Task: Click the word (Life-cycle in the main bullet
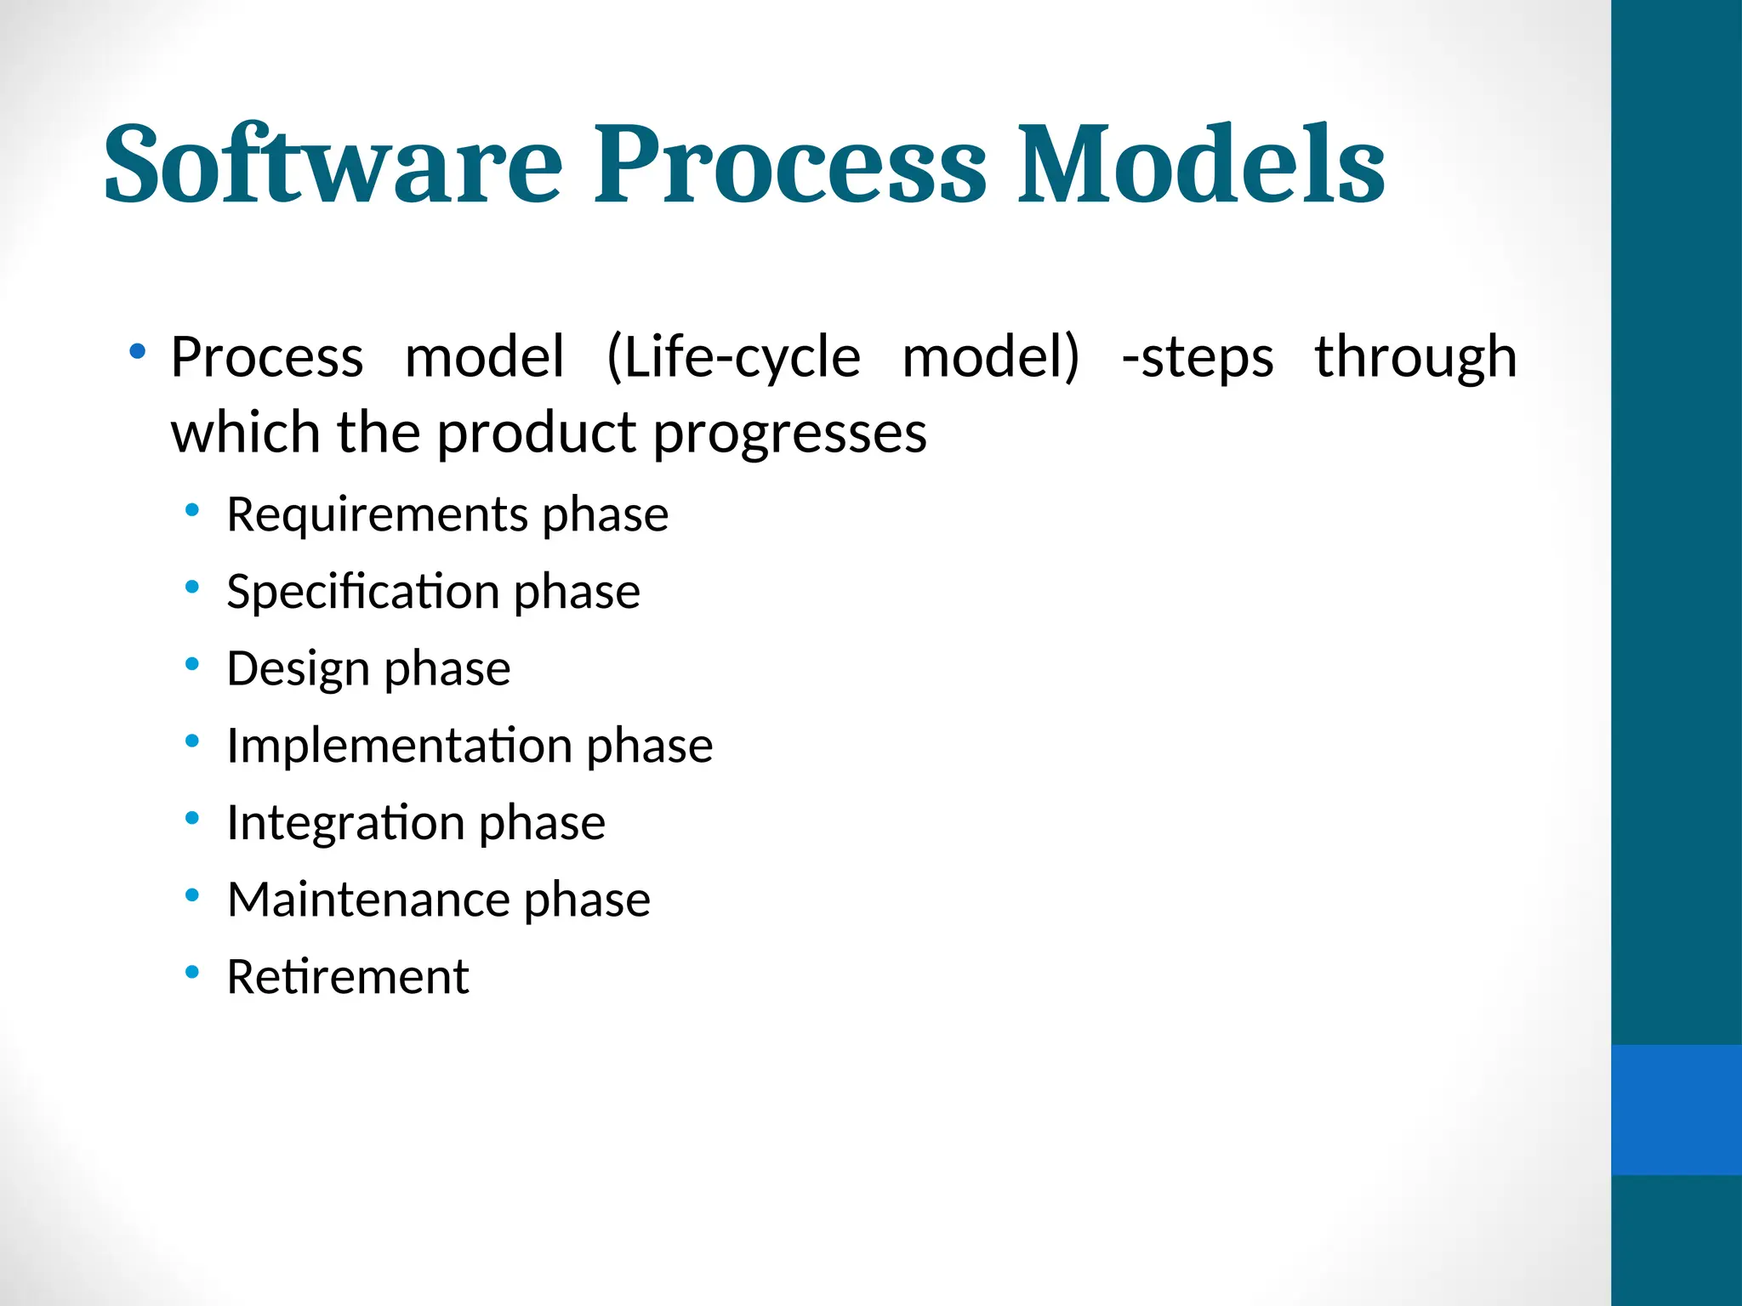[x=733, y=357]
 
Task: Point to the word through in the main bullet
[x=1415, y=357]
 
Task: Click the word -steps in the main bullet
[x=1198, y=357]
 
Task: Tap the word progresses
[x=789, y=434]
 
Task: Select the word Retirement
[x=348, y=977]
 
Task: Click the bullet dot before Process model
[x=137, y=350]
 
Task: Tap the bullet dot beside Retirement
[x=192, y=971]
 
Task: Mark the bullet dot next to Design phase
[x=192, y=663]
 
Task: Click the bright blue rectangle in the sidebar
[x=1676, y=1110]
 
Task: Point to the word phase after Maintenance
[x=587, y=900]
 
